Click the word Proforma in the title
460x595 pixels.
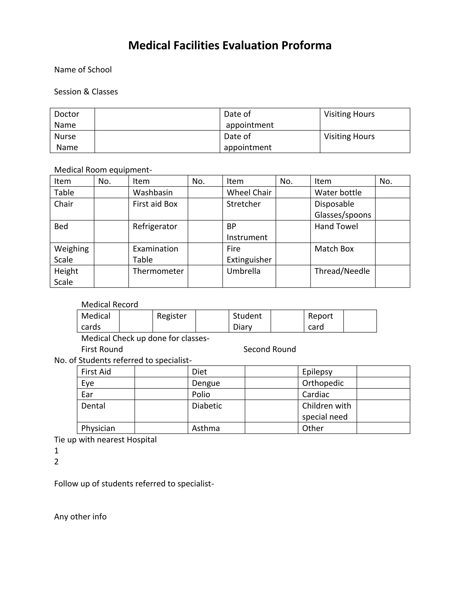(306, 46)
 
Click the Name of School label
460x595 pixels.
(83, 70)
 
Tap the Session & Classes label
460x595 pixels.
(86, 92)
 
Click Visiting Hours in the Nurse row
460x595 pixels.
(349, 137)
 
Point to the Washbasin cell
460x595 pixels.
(153, 193)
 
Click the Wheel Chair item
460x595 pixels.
(249, 193)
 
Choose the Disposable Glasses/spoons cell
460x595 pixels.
(343, 209)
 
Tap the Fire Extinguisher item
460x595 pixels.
(249, 254)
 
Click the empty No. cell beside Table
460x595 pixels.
(111, 192)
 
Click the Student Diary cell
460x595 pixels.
(247, 322)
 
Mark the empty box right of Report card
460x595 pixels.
(360, 321)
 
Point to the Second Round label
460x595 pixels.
(270, 349)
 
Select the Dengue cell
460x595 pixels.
(206, 383)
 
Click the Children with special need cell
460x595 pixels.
(326, 411)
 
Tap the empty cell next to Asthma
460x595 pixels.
(271, 428)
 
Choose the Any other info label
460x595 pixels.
(80, 517)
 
